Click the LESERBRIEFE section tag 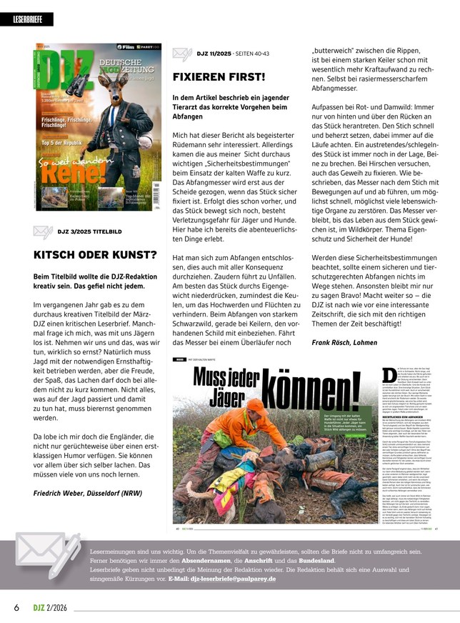[x=33, y=20]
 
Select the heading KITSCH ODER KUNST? [x=95, y=254]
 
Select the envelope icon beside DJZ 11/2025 [x=181, y=54]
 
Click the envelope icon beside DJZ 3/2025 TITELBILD [x=42, y=231]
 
